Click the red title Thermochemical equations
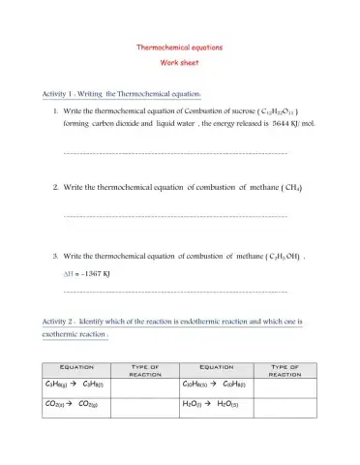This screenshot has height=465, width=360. coord(180,46)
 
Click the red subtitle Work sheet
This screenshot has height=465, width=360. coord(180,62)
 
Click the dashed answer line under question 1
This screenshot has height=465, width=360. coord(174,153)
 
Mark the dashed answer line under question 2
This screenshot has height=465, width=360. coord(174,214)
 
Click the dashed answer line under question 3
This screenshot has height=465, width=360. coord(174,291)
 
